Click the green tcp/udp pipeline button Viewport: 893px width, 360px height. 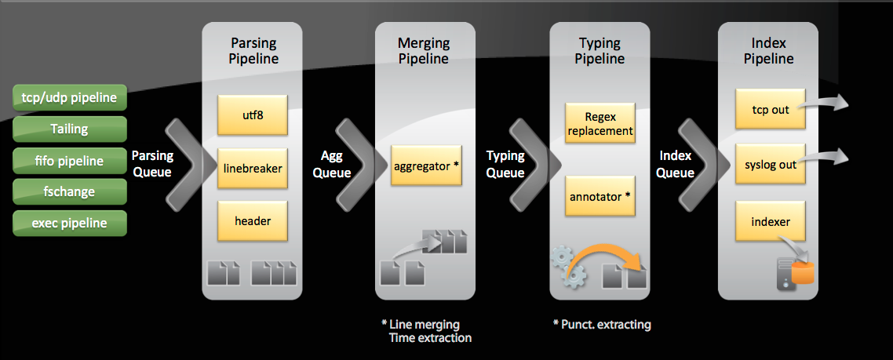pyautogui.click(x=70, y=97)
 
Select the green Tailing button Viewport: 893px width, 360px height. pyautogui.click(x=70, y=129)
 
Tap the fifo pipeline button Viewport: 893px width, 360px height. pyautogui.click(x=70, y=161)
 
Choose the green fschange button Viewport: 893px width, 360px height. pyautogui.click(x=70, y=192)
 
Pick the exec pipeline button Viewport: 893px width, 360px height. pyautogui.click(x=70, y=223)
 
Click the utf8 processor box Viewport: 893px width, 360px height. pyautogui.click(x=253, y=115)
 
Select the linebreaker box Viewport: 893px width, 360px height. pyautogui.click(x=253, y=169)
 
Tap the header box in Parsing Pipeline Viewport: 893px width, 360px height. pyautogui.click(x=253, y=221)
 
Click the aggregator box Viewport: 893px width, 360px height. pyautogui.click(x=426, y=165)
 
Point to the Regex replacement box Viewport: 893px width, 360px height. pyautogui.click(x=600, y=123)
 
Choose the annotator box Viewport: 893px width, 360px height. pyautogui.click(x=600, y=196)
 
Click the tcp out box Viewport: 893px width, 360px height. pyautogui.click(x=771, y=109)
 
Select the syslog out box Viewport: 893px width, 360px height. pyautogui.click(x=771, y=164)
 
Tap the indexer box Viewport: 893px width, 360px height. pyautogui.click(x=771, y=221)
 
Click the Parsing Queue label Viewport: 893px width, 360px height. pyautogui.click(x=152, y=164)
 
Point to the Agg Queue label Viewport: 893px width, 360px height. pyautogui.click(x=331, y=164)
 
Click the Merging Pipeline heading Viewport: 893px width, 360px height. pyautogui.click(x=424, y=51)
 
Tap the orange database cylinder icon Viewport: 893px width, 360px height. pyautogui.click(x=803, y=273)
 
